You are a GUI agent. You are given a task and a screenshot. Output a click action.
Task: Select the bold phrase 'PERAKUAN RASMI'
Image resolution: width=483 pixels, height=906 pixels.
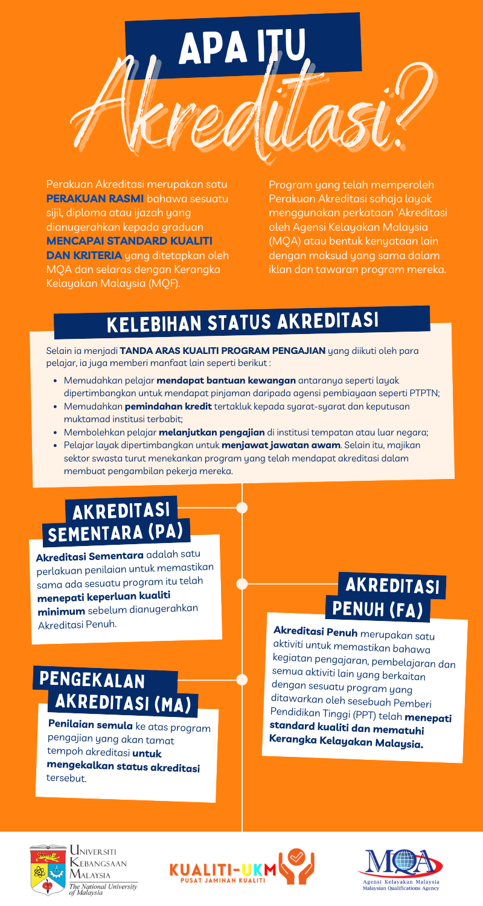pyautogui.click(x=95, y=199)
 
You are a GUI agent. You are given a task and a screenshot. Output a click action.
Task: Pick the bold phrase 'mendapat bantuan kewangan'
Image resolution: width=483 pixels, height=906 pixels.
pyautogui.click(x=226, y=380)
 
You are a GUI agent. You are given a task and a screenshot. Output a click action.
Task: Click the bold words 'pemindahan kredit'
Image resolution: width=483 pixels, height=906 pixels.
pyautogui.click(x=168, y=406)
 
